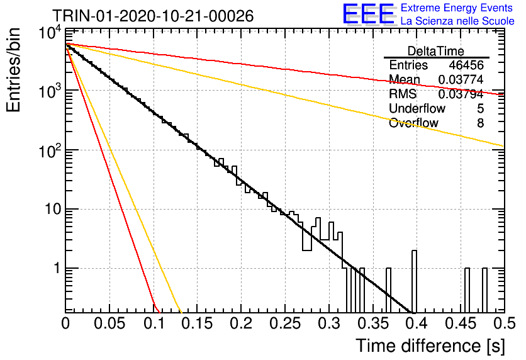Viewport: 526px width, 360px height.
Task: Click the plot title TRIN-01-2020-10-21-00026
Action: coord(153,16)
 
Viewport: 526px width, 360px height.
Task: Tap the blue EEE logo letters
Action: coord(369,14)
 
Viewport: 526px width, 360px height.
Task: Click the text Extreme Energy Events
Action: coord(457,8)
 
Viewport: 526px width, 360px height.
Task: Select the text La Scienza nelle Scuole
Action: coord(457,21)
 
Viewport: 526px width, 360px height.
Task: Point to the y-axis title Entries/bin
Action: coord(14,70)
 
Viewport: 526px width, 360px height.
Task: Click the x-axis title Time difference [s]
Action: coord(430,346)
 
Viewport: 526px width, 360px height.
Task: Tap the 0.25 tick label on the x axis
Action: coord(285,323)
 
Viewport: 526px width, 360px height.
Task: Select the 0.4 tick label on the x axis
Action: coord(417,323)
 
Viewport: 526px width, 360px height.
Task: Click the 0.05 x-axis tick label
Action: coord(109,323)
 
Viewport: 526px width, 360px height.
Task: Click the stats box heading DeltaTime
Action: coord(436,51)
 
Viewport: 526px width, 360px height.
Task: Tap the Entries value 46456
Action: coord(466,65)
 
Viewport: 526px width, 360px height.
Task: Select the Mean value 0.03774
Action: coord(461,79)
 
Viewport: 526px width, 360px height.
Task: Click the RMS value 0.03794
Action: coord(461,94)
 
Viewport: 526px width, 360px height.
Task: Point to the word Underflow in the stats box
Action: coord(417,108)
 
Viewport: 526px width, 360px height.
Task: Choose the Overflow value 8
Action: coord(480,123)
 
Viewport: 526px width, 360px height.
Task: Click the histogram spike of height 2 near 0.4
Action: coord(414,281)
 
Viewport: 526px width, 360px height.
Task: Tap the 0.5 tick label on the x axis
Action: coord(504,323)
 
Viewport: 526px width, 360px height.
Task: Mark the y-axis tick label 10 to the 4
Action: coord(50,33)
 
